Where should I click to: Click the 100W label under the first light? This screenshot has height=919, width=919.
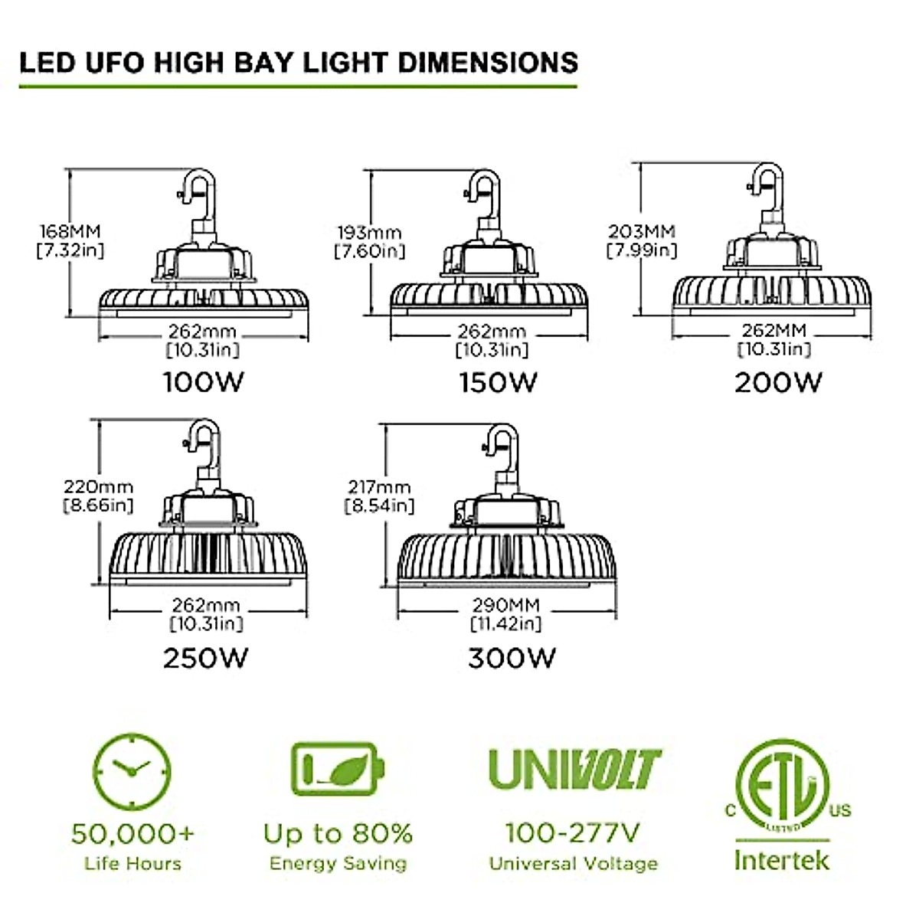(x=203, y=381)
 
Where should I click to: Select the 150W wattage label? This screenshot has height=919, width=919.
(x=498, y=381)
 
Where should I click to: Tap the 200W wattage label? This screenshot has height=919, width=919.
(x=778, y=381)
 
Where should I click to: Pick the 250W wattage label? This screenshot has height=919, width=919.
(x=205, y=657)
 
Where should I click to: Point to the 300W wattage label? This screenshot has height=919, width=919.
(x=512, y=657)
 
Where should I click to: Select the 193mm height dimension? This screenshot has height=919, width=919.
(x=370, y=232)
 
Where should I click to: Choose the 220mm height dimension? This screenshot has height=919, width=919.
(x=98, y=487)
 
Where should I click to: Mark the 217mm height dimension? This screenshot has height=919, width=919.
(x=378, y=487)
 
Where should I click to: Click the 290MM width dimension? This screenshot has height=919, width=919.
(x=505, y=605)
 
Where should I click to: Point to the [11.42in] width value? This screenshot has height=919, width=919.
(x=505, y=623)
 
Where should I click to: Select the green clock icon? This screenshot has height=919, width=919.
(x=132, y=770)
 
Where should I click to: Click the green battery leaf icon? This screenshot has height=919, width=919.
(x=337, y=768)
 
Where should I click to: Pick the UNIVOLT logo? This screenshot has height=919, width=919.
(x=574, y=769)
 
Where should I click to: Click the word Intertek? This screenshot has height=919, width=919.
(x=781, y=859)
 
